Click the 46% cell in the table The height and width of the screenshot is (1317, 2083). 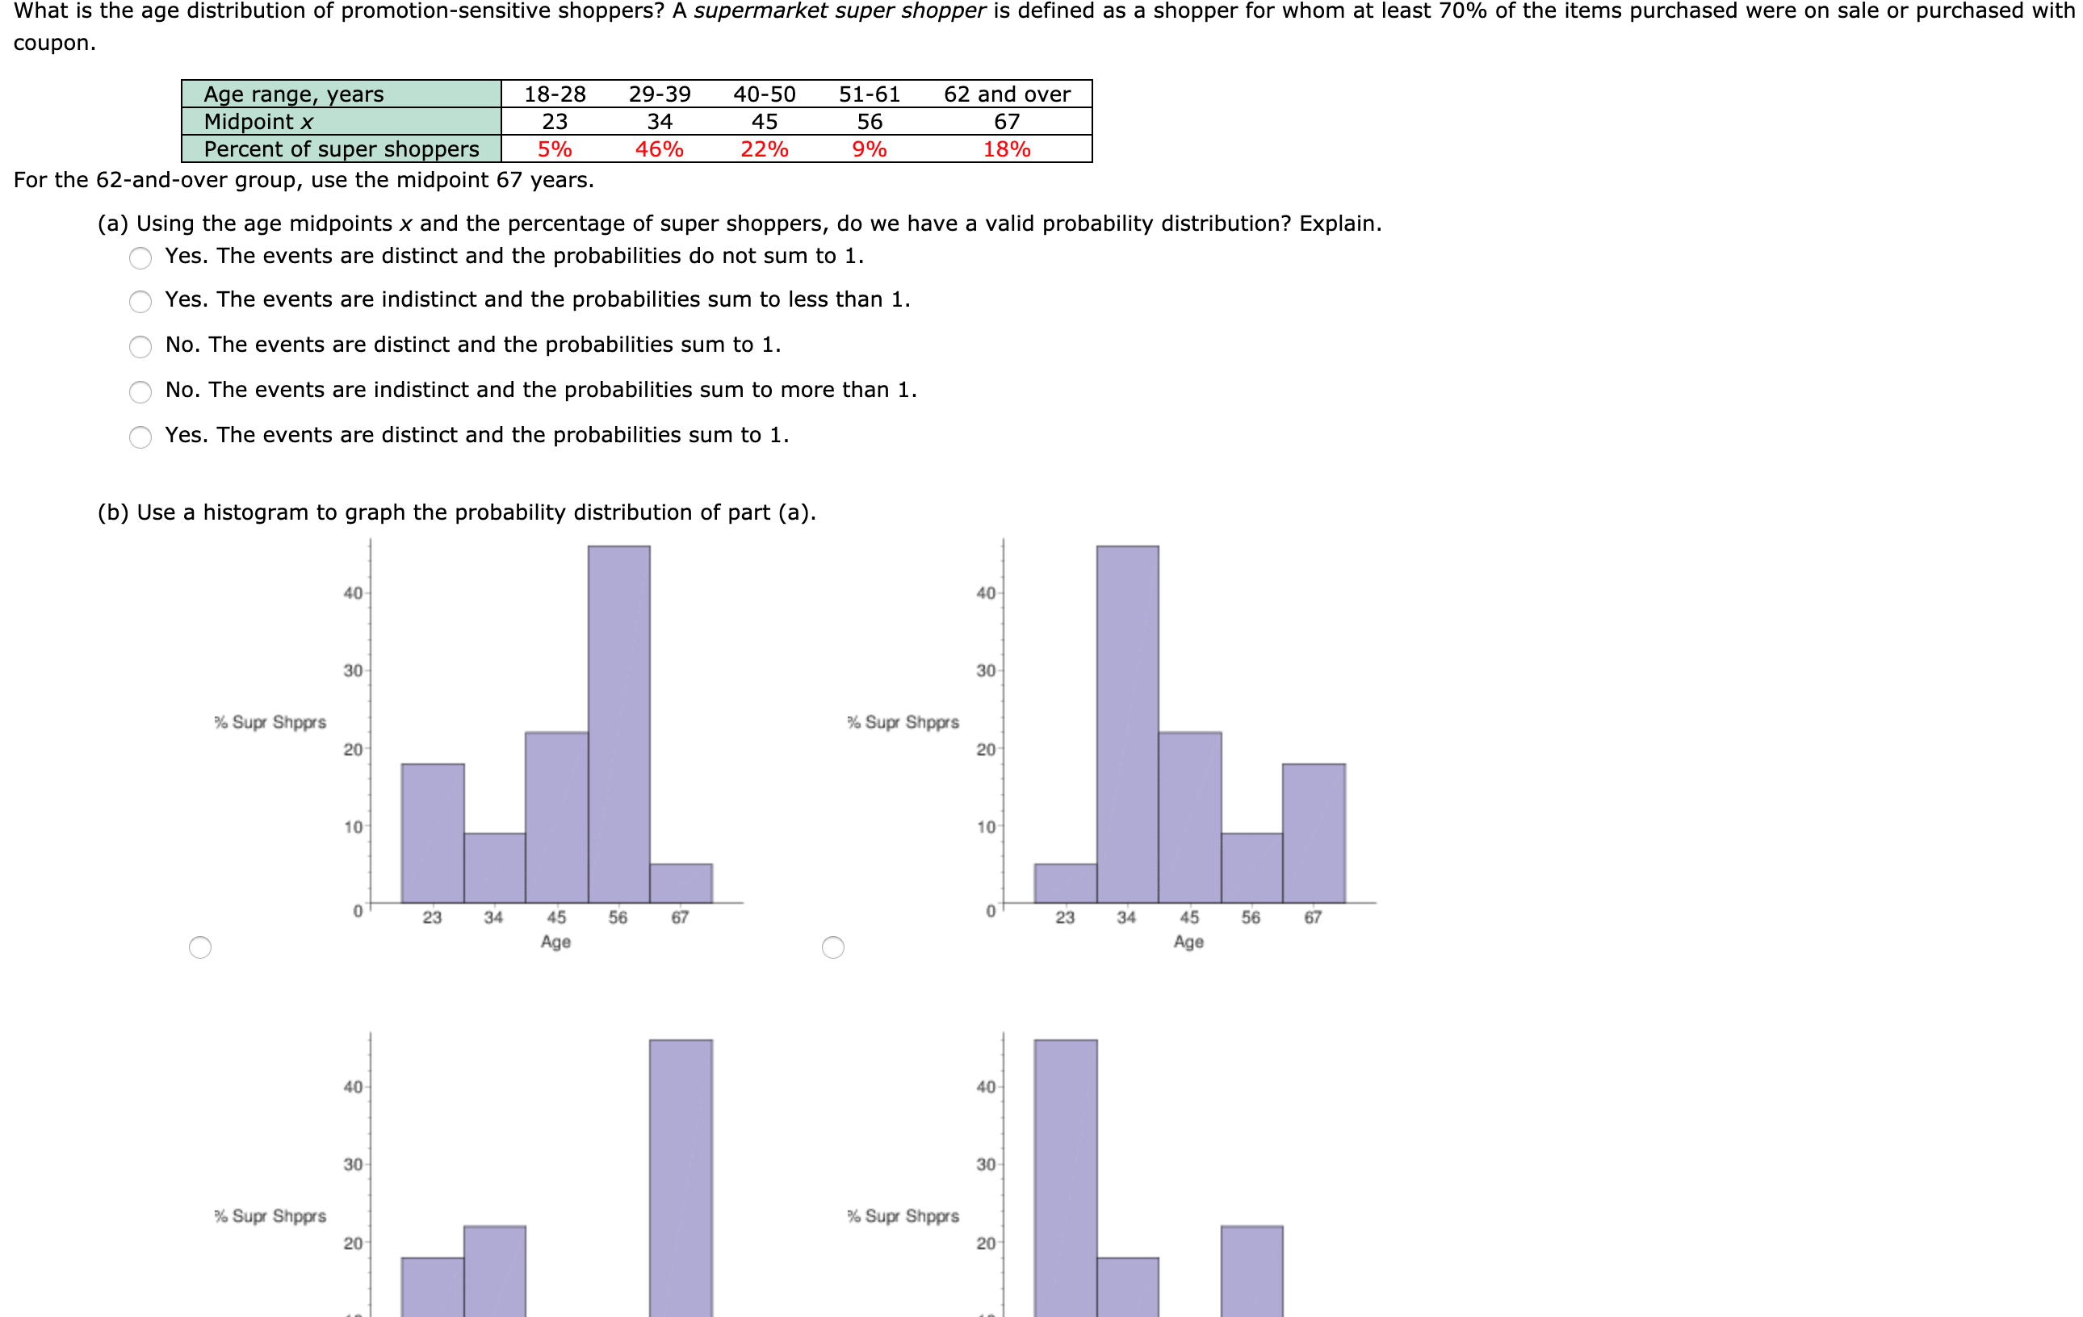point(659,149)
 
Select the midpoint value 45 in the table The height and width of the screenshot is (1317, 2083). point(764,122)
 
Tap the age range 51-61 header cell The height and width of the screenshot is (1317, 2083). point(870,94)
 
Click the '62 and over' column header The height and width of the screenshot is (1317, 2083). point(1007,94)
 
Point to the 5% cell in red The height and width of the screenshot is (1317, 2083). point(555,149)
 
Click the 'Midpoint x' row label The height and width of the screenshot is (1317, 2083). point(258,122)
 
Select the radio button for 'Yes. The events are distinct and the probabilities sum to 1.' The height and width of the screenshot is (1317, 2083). point(140,437)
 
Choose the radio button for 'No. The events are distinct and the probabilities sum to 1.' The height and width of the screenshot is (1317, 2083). point(140,347)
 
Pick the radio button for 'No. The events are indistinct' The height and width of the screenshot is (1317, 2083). point(140,391)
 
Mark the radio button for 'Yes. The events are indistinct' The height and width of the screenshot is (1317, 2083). point(140,301)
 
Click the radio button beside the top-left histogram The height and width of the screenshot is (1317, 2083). point(200,947)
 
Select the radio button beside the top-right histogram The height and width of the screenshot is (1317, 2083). point(833,947)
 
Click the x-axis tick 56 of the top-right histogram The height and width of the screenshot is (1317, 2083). point(1251,918)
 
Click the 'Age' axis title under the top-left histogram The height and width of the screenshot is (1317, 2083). point(555,942)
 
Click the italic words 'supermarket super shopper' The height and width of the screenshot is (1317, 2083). point(839,11)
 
